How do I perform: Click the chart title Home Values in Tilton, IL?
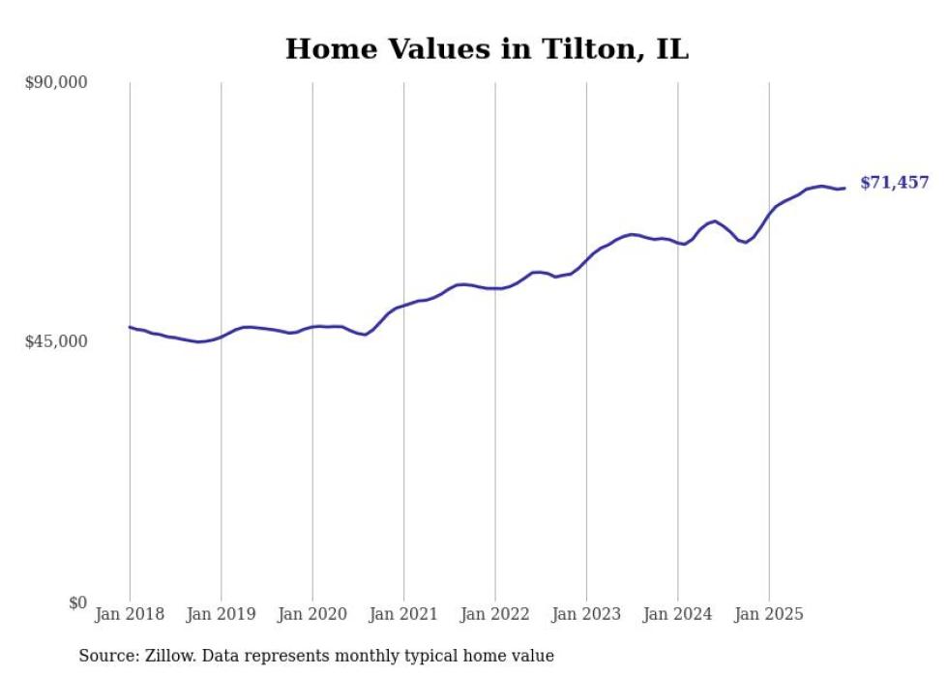(487, 49)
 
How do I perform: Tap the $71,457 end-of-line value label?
(894, 183)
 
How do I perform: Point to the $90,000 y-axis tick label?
(56, 82)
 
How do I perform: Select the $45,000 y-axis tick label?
(56, 341)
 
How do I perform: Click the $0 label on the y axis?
(77, 603)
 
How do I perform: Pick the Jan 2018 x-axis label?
(130, 614)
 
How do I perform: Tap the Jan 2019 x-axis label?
(221, 614)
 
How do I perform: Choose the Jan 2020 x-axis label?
(312, 614)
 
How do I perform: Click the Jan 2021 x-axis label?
(403, 614)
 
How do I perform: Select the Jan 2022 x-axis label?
(495, 614)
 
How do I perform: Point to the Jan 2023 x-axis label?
(586, 614)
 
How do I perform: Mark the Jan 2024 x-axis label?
(678, 614)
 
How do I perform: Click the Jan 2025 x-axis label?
(769, 614)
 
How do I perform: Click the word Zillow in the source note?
(165, 657)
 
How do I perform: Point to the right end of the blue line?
(844, 188)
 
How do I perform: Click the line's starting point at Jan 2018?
(130, 327)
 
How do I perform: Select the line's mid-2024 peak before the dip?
(714, 220)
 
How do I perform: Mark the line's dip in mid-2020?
(365, 335)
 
